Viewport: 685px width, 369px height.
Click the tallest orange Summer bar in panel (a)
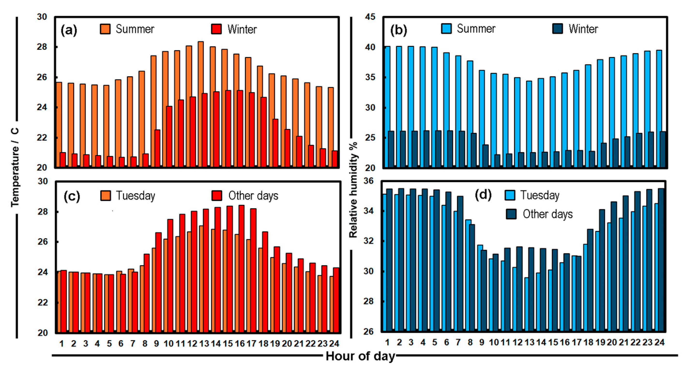[x=201, y=104]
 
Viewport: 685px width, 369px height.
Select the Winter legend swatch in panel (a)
[x=217, y=29]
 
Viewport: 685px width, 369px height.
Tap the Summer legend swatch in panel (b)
[x=446, y=29]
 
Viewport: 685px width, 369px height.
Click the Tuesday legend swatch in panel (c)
[x=105, y=196]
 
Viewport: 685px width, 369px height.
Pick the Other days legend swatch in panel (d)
[x=511, y=214]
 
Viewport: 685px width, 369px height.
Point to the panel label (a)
[x=69, y=30]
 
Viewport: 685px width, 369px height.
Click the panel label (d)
[x=483, y=195]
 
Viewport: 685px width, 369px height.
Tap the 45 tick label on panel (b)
[x=370, y=17]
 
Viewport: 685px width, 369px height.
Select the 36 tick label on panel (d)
[x=368, y=181]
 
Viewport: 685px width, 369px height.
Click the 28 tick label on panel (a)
[x=42, y=47]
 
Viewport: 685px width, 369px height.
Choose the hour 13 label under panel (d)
[x=529, y=342]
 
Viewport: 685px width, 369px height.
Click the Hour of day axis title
[x=360, y=356]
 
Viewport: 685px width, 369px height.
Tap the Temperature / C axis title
[x=15, y=167]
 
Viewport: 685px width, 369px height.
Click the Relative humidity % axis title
[x=353, y=190]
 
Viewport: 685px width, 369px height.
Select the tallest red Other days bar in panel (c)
[x=241, y=268]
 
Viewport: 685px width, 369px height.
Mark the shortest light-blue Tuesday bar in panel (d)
[x=526, y=304]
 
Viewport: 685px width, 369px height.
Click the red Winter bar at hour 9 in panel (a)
[x=158, y=149]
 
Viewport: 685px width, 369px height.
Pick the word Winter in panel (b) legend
[x=583, y=29]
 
